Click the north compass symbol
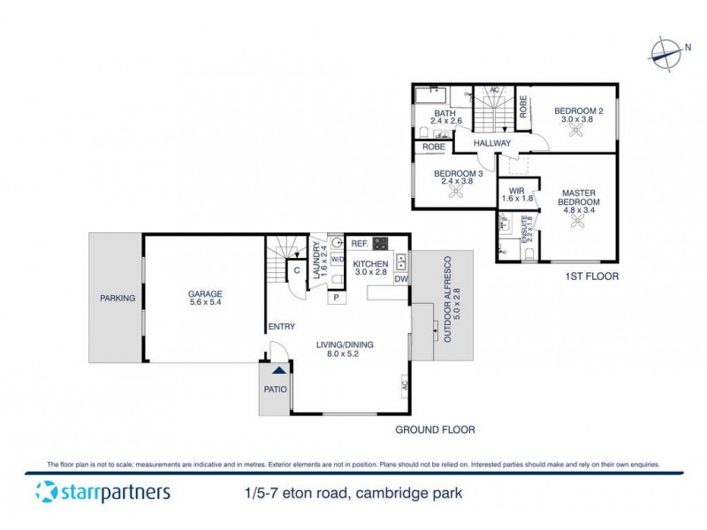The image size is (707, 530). (x=665, y=51)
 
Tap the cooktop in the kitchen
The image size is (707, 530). (x=382, y=244)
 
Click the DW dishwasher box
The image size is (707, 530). (x=400, y=280)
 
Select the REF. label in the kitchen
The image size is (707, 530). (x=359, y=244)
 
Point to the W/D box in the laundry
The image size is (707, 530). (x=337, y=260)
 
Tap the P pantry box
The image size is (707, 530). (x=337, y=298)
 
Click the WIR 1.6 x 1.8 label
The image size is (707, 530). (x=513, y=195)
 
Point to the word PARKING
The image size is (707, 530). (x=117, y=299)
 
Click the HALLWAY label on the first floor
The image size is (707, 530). (x=491, y=143)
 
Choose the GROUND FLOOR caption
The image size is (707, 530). (x=434, y=430)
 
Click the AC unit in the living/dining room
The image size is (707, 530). (x=405, y=386)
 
